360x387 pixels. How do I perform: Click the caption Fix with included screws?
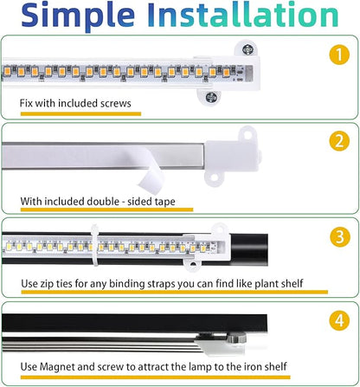pyautogui.click(x=75, y=104)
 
